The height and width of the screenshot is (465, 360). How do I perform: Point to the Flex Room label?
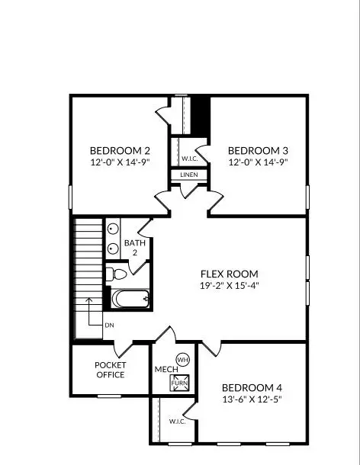coord(229,274)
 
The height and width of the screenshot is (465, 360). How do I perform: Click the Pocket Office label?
coord(110,370)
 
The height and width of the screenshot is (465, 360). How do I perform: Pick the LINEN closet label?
coord(189,175)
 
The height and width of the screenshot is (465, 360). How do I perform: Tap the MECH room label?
coord(166,370)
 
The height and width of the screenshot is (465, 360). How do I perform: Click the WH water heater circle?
coord(182,359)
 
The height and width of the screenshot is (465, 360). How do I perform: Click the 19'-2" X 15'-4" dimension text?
coord(229,286)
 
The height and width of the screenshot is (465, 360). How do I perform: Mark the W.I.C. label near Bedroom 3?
coord(189,159)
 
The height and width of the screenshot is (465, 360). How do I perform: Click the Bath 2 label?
coord(140,247)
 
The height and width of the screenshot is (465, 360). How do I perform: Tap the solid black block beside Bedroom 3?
coord(199,115)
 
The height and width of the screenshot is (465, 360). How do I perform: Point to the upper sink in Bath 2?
coord(113,229)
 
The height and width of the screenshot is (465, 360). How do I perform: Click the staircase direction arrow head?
coord(88,300)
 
